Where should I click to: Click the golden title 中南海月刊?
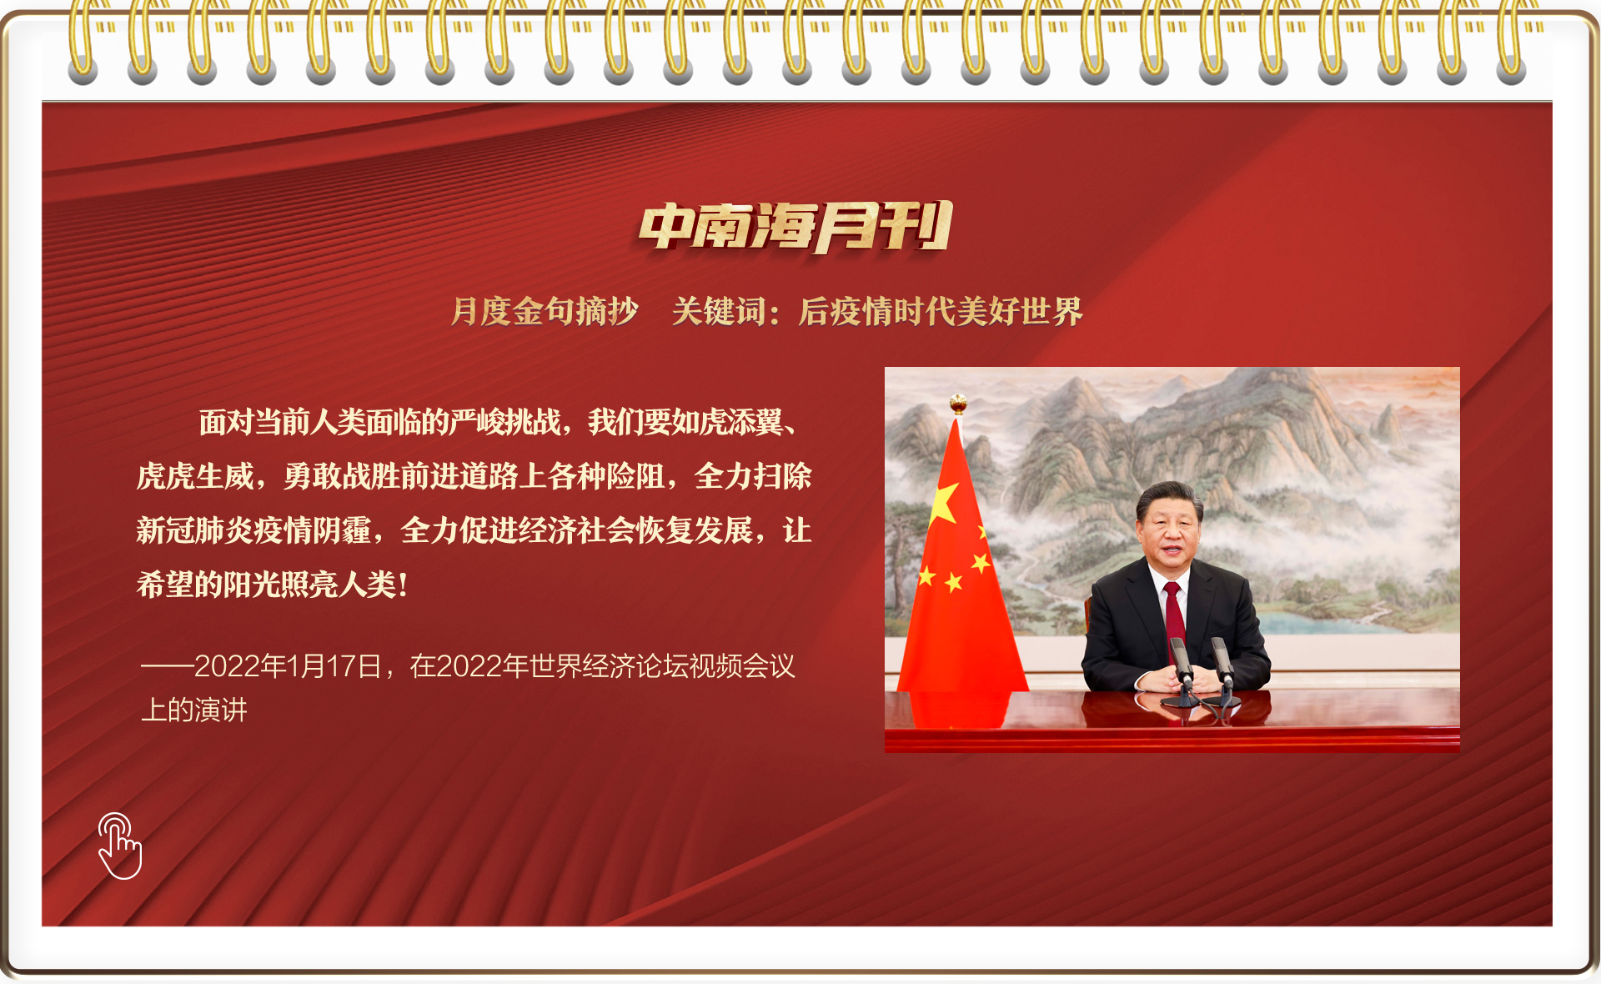coord(795,227)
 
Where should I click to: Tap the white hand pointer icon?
coord(120,846)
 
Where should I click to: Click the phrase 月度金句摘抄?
coord(545,312)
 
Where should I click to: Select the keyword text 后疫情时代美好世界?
coord(941,312)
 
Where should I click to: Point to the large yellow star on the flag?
coord(943,503)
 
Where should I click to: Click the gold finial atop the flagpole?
coord(958,404)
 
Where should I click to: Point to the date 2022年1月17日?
coord(288,666)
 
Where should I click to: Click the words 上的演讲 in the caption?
coord(194,710)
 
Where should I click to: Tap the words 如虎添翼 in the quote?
coord(727,423)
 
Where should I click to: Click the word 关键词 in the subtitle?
coord(718,312)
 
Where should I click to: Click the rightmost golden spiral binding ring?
coord(1511,42)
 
